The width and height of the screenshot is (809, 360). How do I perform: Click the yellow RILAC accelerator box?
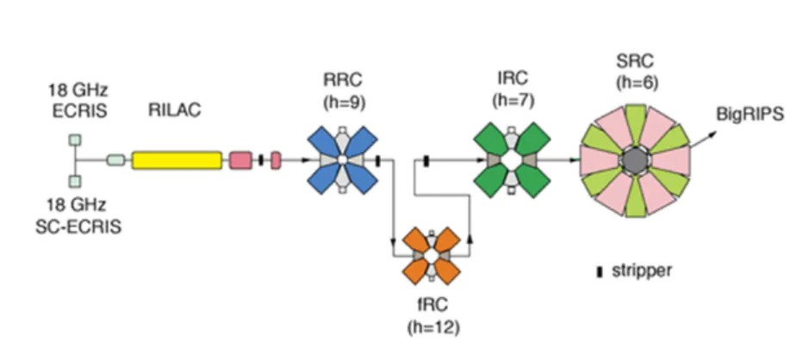pos(177,160)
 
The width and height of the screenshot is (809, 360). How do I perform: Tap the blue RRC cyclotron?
pos(342,160)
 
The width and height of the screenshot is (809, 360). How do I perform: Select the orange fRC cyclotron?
pos(432,255)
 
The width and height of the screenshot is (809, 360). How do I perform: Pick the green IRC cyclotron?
pos(511,160)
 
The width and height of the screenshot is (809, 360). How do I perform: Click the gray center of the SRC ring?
pos(635,160)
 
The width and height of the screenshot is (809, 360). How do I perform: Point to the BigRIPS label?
pos(750,114)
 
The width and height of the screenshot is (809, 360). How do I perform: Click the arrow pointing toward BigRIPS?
pos(704,140)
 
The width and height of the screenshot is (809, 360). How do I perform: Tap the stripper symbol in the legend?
pos(600,272)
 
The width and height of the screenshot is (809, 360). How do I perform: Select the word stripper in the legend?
pos(641,270)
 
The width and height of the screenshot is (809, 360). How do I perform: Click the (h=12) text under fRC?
pos(433,327)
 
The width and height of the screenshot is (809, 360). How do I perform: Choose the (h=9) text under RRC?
pos(344,102)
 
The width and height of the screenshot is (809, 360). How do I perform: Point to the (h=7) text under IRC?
pos(513,100)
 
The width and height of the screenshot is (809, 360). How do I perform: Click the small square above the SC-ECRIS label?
pos(75,181)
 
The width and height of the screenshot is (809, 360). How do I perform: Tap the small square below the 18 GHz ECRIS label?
pos(75,140)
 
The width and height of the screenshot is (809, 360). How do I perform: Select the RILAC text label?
pos(174,110)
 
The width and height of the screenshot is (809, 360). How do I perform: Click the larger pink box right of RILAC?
pos(240,160)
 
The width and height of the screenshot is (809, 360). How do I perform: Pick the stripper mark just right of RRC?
pos(377,160)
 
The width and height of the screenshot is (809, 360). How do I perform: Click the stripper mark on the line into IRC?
pos(426,161)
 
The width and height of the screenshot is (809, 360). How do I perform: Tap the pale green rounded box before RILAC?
pos(116,160)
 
